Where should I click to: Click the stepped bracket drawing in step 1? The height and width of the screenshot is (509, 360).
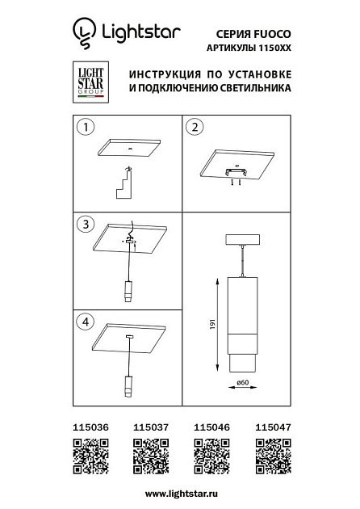pos(125,183)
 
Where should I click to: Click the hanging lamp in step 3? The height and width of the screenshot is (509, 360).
pos(128,292)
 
